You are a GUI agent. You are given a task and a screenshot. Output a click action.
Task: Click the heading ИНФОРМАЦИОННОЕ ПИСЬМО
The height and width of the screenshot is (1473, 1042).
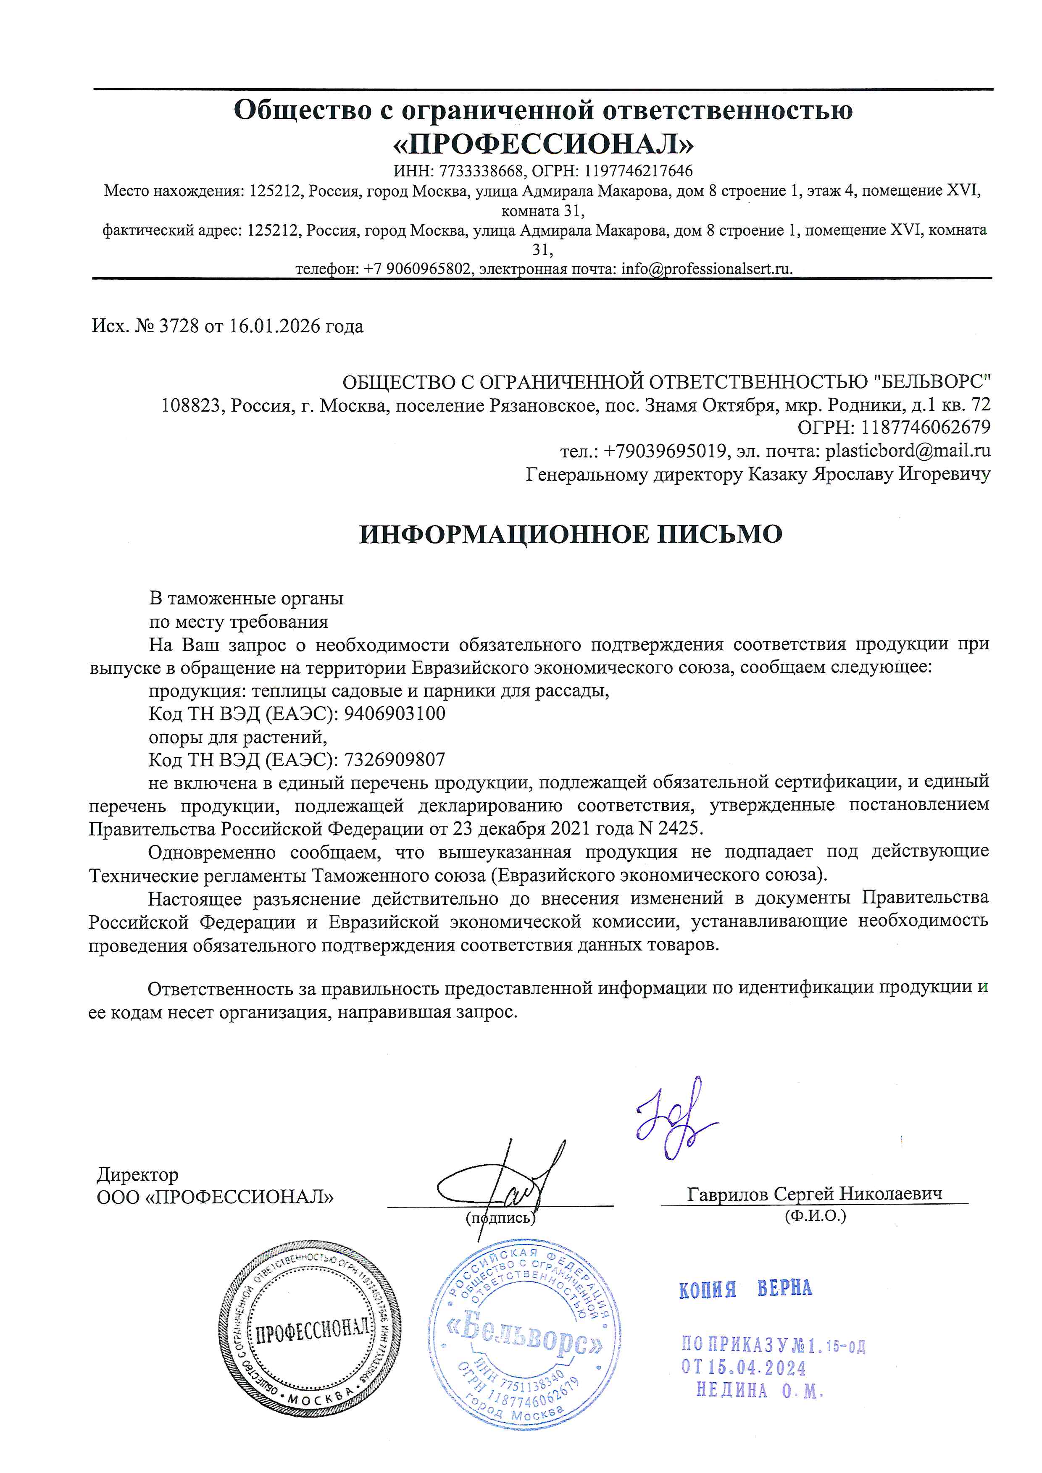coord(571,534)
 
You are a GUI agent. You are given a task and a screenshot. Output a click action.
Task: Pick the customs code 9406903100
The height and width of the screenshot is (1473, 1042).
coord(395,714)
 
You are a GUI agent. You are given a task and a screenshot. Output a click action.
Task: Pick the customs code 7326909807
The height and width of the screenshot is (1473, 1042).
coord(395,759)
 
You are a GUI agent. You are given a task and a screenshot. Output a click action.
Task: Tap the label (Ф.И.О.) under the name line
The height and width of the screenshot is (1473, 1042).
coord(815,1215)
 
